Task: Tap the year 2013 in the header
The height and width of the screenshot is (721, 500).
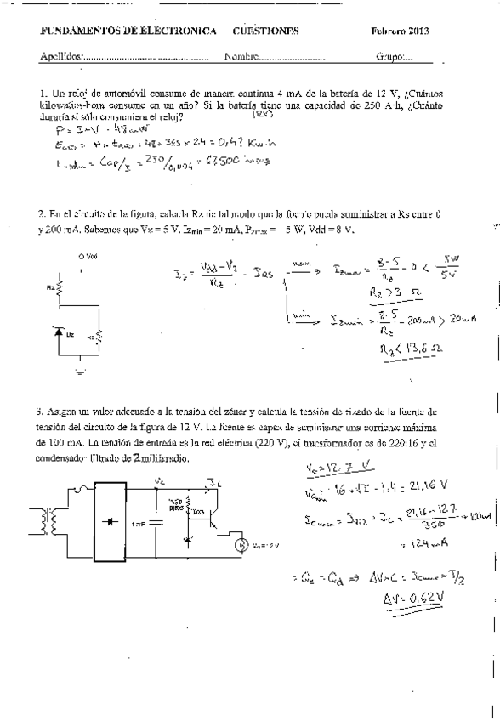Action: [418, 31]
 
